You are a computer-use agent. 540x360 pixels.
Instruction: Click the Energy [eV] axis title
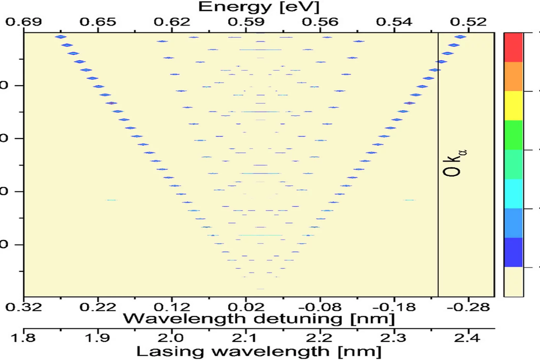coord(259,7)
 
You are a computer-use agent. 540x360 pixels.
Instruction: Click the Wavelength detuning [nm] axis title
coord(259,319)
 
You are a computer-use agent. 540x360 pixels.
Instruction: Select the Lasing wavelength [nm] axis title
coord(259,352)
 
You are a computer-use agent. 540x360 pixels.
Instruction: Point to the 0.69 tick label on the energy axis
coord(24,22)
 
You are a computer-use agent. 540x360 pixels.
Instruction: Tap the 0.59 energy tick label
coord(246,22)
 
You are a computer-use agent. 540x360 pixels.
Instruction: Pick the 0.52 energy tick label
coord(468,22)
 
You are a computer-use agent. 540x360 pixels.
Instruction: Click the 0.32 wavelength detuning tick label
coord(24,307)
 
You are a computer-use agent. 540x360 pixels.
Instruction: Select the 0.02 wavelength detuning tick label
coord(246,307)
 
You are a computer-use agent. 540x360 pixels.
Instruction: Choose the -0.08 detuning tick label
coord(320,307)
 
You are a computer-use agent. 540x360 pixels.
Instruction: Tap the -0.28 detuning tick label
coord(468,307)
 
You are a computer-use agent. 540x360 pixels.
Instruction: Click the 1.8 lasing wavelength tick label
coord(24,338)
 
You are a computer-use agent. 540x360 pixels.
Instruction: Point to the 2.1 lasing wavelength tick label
coord(246,338)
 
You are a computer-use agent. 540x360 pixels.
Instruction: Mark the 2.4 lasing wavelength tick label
coord(468,338)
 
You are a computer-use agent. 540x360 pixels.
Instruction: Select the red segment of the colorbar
coord(513,47)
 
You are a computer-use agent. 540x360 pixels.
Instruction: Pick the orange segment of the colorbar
coord(513,76)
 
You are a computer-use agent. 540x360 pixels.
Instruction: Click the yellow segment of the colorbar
coord(513,106)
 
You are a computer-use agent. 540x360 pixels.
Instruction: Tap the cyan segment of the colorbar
coord(513,194)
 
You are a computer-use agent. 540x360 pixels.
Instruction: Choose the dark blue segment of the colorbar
coord(513,252)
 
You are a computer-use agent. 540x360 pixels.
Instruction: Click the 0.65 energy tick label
coord(98,22)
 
